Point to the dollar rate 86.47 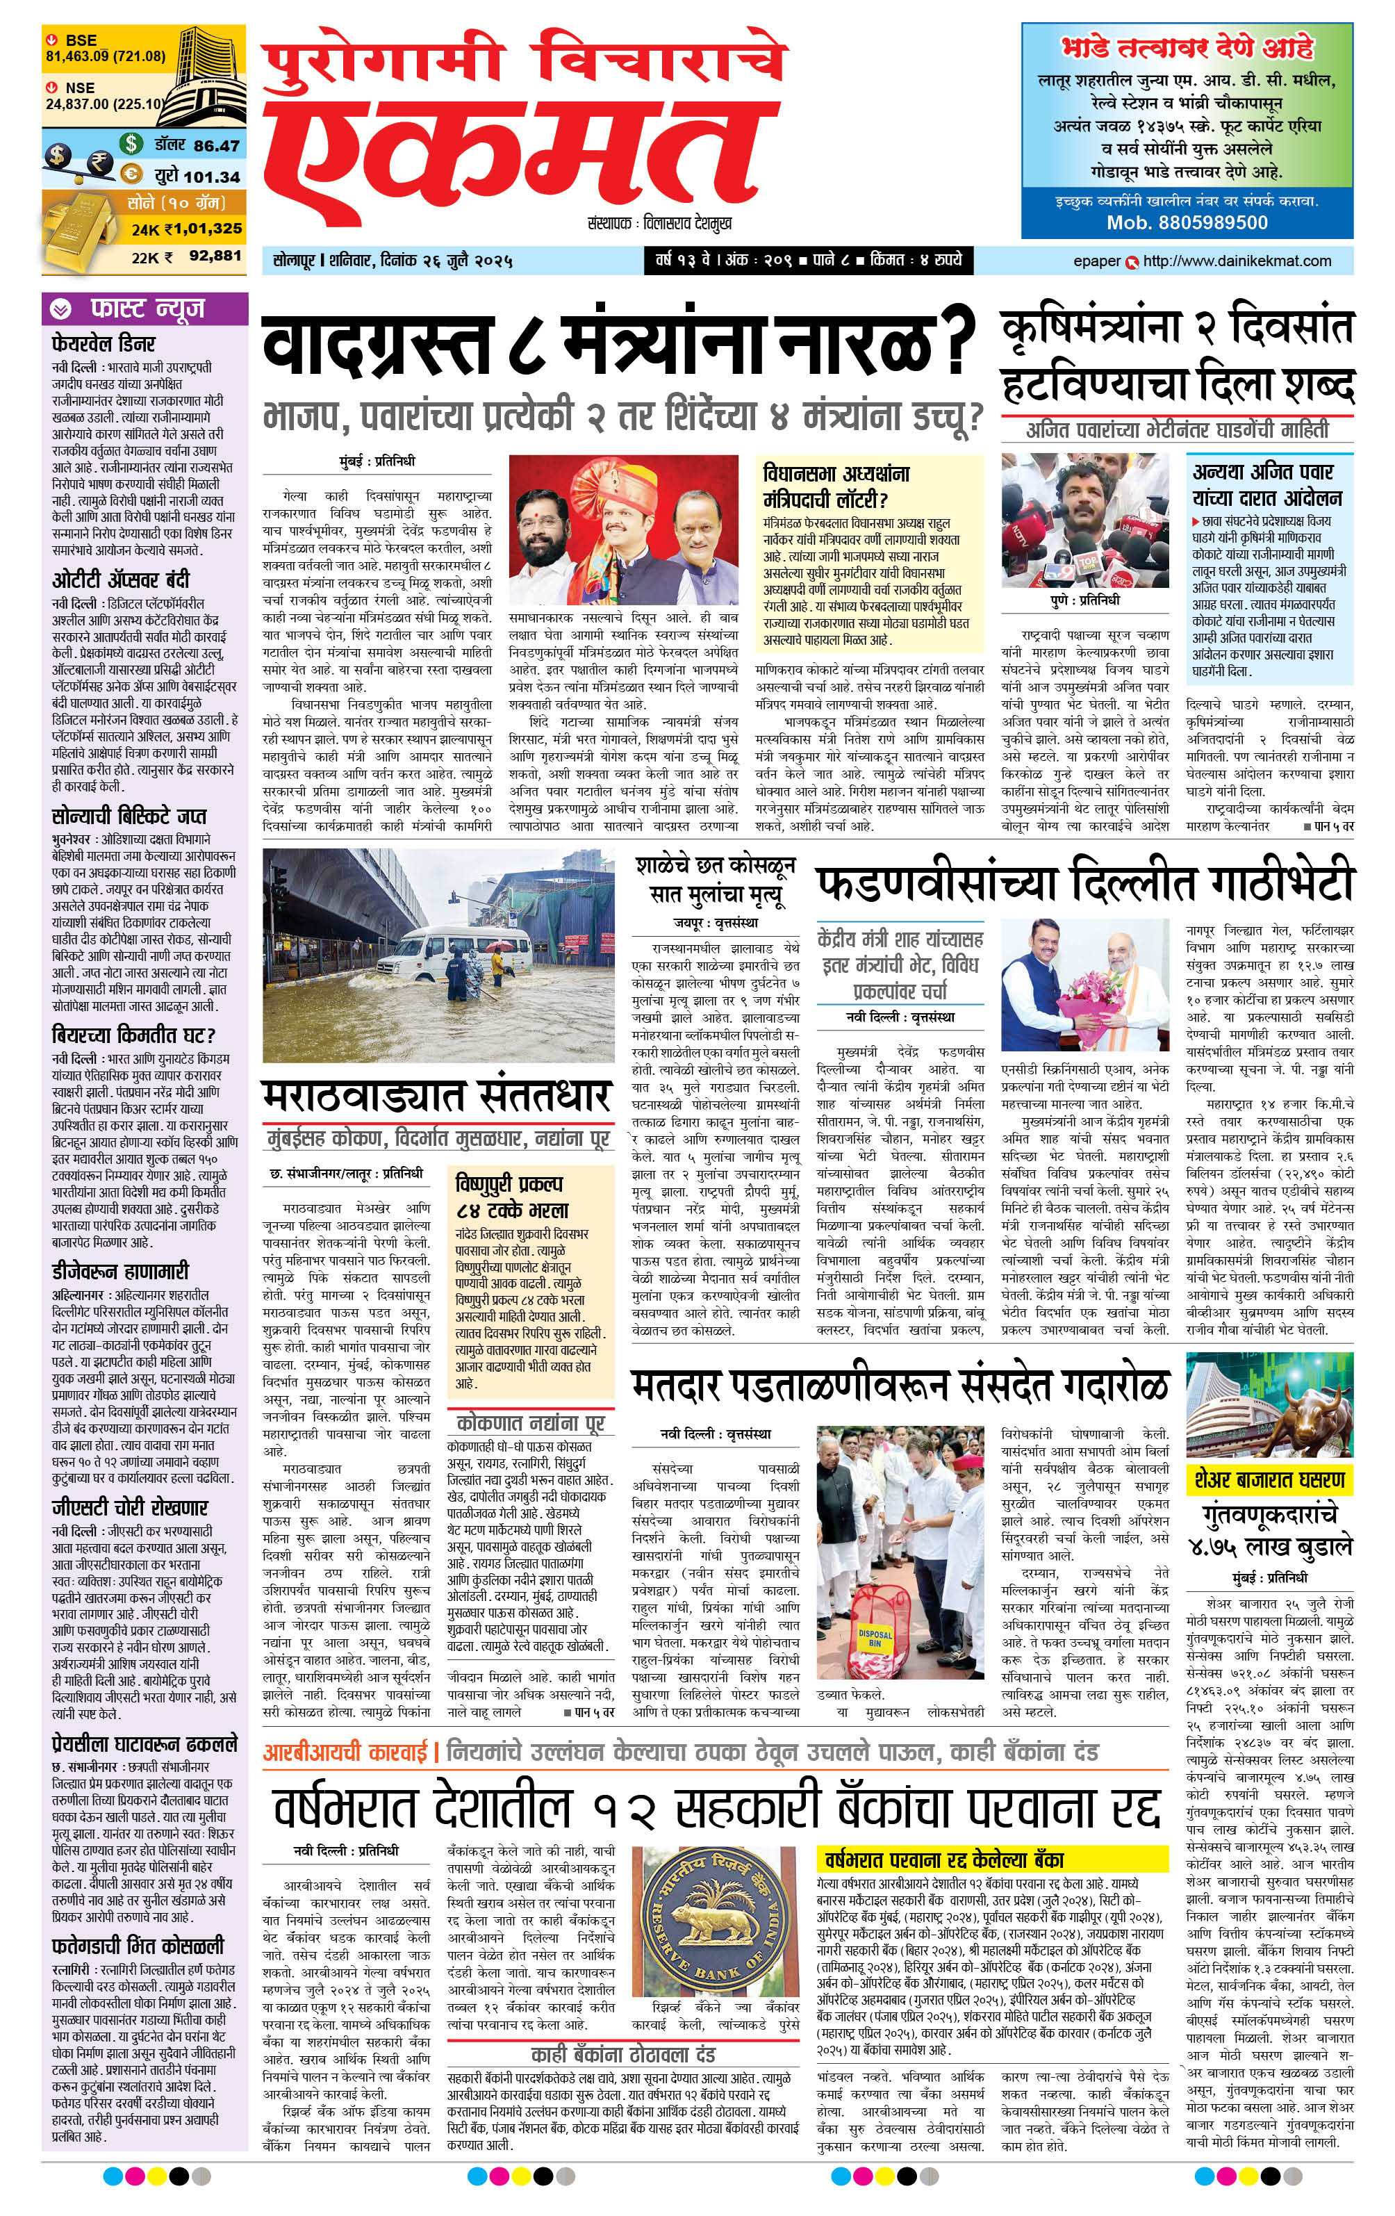click(x=216, y=145)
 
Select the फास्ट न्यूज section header click(x=147, y=309)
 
